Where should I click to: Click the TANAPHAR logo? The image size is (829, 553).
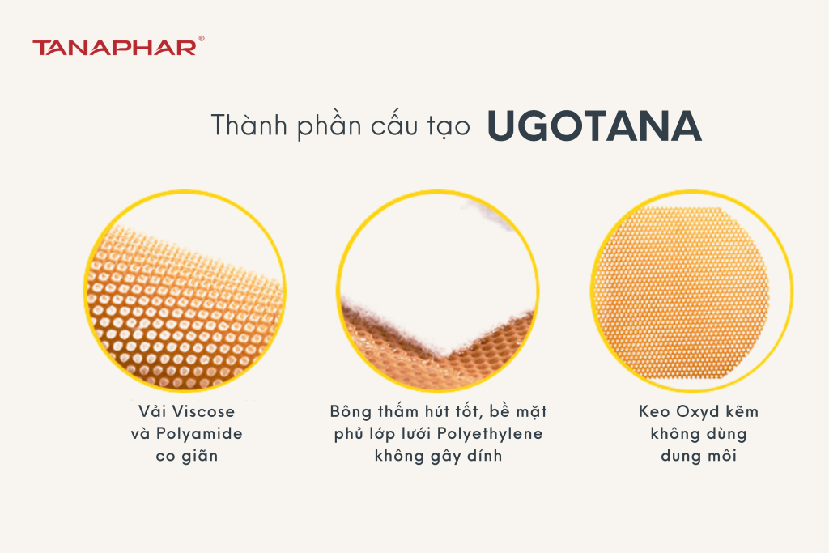[x=113, y=47]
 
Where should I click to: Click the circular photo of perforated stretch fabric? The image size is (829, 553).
[x=186, y=291]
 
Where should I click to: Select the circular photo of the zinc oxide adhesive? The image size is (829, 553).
[x=691, y=291]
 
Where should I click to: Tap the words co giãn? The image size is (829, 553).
[x=187, y=456]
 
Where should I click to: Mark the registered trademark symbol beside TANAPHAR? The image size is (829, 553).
[x=201, y=38]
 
